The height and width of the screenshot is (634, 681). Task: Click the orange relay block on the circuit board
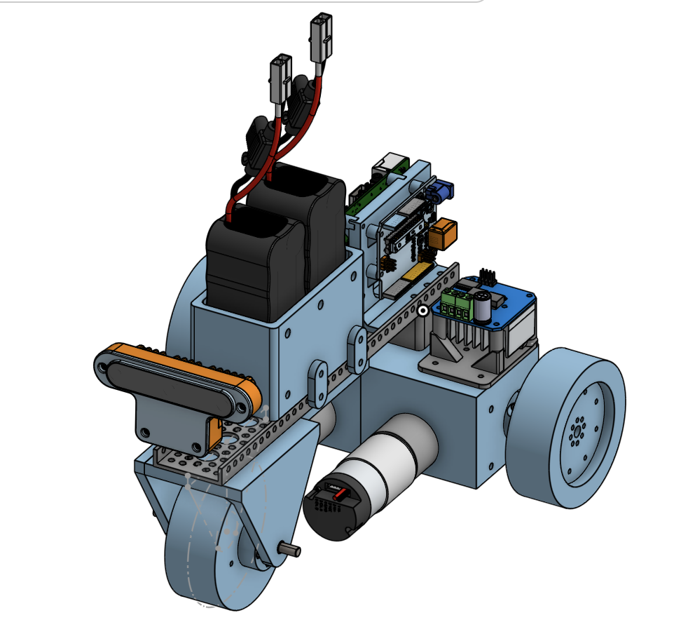tap(443, 234)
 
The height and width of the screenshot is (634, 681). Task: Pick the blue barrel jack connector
tap(442, 190)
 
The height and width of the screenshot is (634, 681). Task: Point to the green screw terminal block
tap(458, 306)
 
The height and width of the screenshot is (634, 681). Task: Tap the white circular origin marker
tap(422, 309)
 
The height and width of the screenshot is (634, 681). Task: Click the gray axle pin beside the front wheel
tap(289, 550)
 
